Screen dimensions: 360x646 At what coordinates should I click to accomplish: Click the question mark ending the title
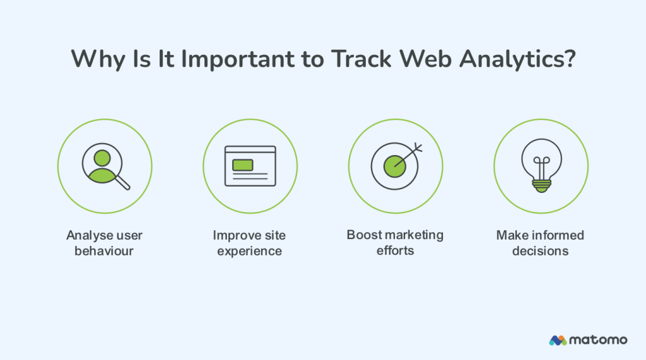569,59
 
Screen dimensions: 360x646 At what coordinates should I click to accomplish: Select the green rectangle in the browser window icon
243,165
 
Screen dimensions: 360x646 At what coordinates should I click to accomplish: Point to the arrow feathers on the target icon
417,149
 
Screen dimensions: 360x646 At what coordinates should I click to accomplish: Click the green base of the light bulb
541,185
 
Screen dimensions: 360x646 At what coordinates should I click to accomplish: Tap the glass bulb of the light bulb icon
541,158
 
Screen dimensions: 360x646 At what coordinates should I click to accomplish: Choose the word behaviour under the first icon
105,251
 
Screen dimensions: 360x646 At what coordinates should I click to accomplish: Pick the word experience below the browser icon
249,251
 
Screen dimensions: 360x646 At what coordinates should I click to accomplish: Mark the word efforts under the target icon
395,250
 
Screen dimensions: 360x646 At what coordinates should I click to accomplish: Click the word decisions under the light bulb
540,251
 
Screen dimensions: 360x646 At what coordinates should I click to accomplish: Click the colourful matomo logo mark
558,340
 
